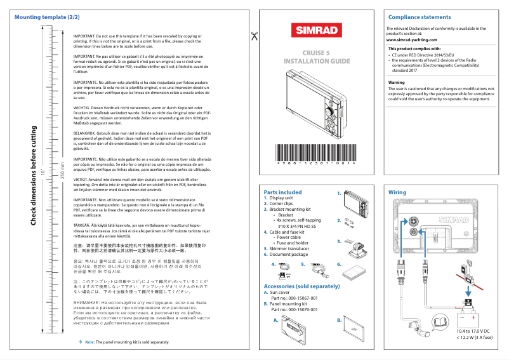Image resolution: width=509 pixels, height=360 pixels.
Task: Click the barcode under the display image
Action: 315,154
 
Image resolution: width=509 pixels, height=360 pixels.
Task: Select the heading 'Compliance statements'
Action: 420,17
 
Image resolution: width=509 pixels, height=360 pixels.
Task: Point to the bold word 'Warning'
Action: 396,83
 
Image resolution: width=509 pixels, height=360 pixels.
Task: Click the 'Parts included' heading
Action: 282,192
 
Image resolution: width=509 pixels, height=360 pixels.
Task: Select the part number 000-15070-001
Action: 294,309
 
